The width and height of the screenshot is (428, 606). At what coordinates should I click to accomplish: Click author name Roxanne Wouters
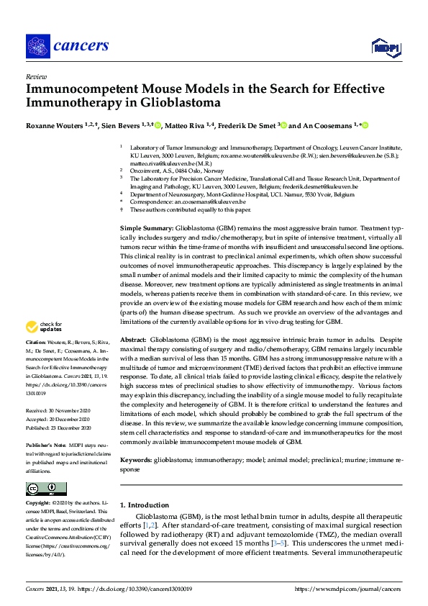click(55, 126)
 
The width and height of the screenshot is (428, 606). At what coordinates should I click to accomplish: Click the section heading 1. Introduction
click(145, 505)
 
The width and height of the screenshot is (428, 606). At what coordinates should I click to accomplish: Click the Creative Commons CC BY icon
click(37, 489)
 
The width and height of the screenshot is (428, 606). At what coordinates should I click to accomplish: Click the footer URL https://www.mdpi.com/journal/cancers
click(347, 589)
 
